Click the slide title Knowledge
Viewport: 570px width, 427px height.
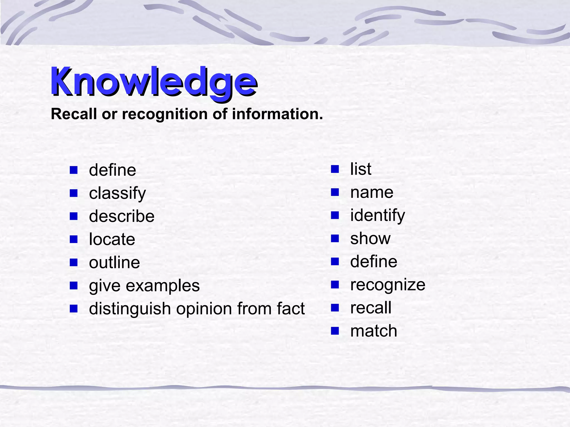[154, 82]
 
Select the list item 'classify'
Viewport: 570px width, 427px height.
[117, 193]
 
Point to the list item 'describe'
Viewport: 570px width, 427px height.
[122, 216]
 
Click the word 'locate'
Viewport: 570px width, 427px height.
[112, 239]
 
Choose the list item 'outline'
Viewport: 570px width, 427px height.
[114, 262]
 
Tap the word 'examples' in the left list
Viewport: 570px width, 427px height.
[163, 286]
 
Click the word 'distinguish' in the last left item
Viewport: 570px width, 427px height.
[130, 309]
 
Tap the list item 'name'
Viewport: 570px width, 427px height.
[372, 192]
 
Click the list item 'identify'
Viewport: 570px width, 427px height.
[377, 215]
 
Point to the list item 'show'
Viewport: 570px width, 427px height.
[370, 239]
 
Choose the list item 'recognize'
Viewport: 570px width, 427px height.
[388, 285]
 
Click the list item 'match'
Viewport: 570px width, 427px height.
[374, 331]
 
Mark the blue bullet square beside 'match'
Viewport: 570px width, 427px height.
[335, 331]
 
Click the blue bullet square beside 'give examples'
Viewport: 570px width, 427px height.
[74, 286]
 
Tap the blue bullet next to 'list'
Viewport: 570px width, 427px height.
[335, 169]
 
